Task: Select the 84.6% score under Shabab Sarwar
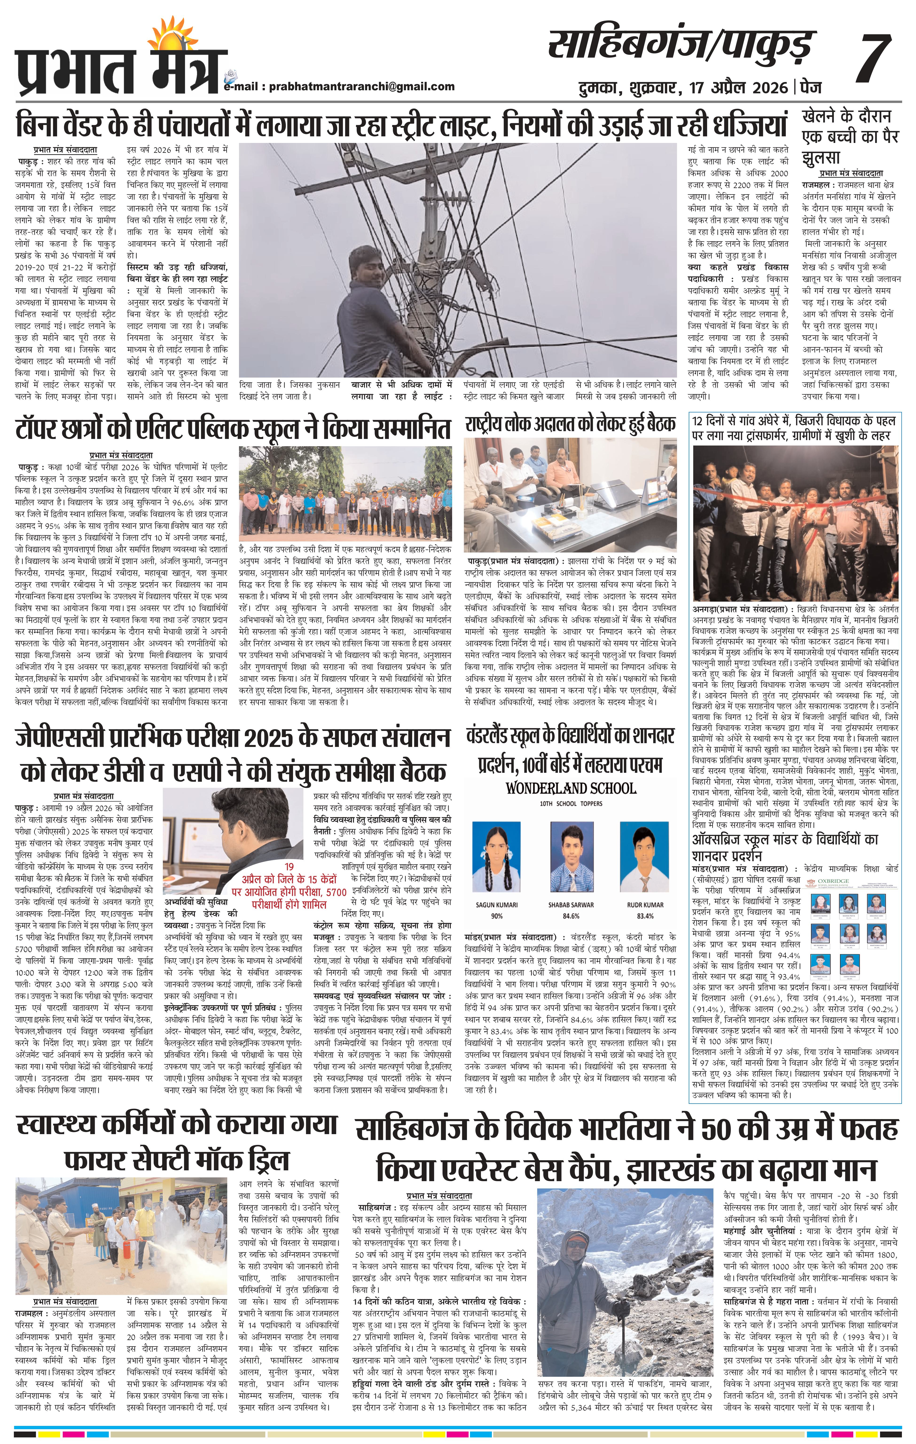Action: pyautogui.click(x=571, y=916)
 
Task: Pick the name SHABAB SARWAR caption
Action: pyautogui.click(x=571, y=904)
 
